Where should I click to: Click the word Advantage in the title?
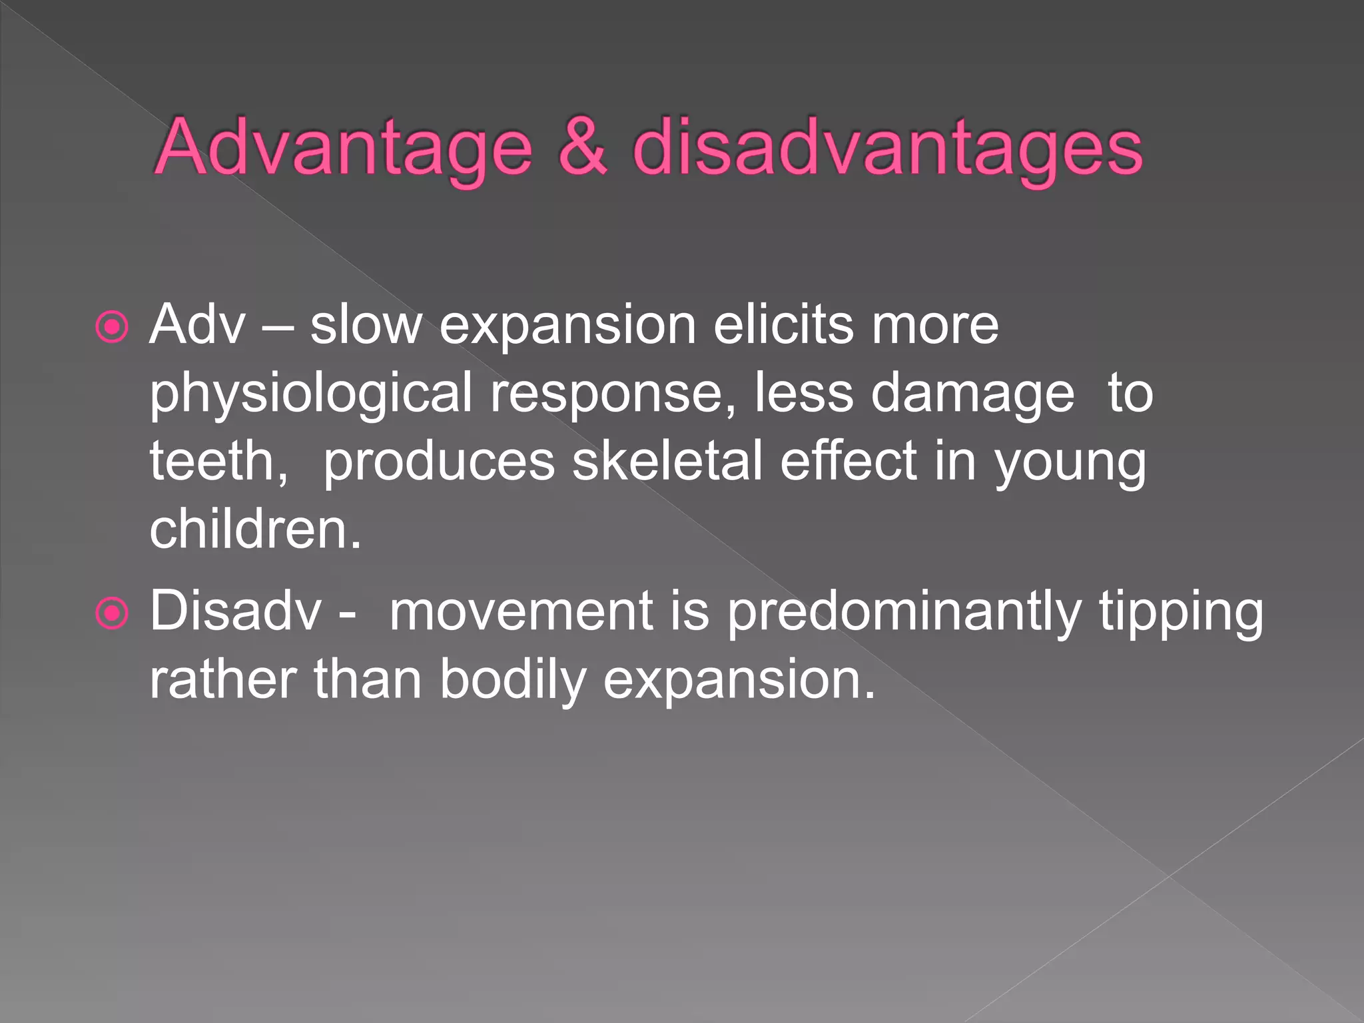click(344, 148)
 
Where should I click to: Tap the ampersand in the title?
click(582, 148)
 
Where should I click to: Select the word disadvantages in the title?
click(887, 148)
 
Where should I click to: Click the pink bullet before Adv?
click(112, 327)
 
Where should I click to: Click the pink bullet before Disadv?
click(112, 613)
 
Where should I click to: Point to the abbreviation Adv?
click(198, 325)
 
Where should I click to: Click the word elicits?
click(783, 325)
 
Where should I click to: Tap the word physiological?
click(310, 394)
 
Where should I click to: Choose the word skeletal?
click(667, 461)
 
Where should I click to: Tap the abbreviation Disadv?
click(235, 611)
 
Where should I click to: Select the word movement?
click(521, 611)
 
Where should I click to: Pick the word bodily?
click(513, 681)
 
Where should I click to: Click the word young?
click(1070, 462)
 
